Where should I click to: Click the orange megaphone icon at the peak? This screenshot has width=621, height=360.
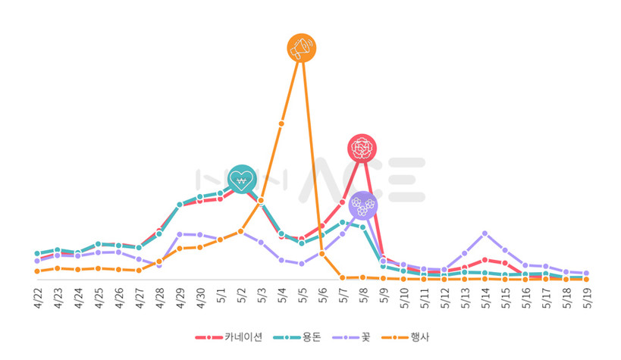[x=302, y=48]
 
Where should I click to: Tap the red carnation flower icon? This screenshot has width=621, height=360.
[x=362, y=149]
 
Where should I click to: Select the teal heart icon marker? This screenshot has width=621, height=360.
[x=241, y=179]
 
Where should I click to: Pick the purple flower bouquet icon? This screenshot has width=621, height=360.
[x=362, y=205]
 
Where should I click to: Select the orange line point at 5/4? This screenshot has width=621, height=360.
[x=281, y=123]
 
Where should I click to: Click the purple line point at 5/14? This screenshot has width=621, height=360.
[x=485, y=233]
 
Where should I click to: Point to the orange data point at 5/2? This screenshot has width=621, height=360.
[x=240, y=231]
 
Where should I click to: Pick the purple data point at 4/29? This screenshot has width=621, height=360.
[x=180, y=234]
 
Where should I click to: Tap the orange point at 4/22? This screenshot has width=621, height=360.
[x=37, y=271]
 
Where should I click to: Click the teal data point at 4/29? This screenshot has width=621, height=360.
[x=180, y=205]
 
